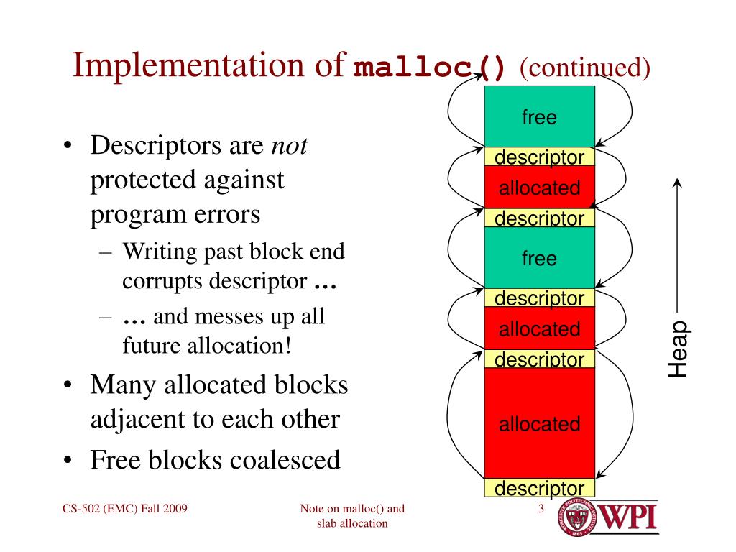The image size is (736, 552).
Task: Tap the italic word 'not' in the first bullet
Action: pos(290,147)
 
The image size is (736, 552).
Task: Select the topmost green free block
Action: pos(539,116)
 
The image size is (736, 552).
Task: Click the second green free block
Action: pos(539,258)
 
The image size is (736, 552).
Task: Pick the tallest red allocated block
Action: pos(539,423)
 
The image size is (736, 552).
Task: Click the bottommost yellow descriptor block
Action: pos(539,489)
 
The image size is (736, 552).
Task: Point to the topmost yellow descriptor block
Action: pos(539,157)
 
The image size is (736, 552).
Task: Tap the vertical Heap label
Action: pos(678,349)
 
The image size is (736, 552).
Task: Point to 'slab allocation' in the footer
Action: pos(352,524)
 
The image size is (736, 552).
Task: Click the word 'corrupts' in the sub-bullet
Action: pos(162,280)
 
